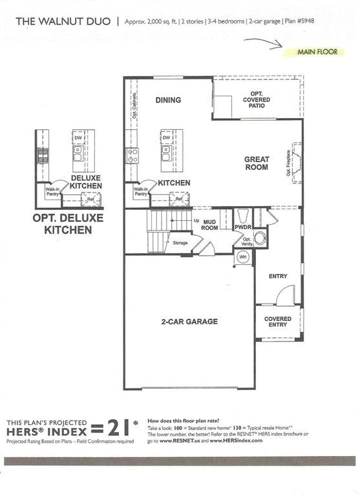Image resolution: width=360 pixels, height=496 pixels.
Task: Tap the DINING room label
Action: pos(168,100)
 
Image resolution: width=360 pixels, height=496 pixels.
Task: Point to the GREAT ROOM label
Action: pos(256,163)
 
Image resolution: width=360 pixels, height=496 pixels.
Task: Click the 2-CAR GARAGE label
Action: pos(189,321)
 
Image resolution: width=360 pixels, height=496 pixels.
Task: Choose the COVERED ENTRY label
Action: pos(278,322)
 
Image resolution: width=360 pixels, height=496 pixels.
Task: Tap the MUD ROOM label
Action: pos(209,224)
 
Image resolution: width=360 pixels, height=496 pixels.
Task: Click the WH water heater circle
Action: pos(244,257)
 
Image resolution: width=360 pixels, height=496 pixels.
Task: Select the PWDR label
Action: pos(242,227)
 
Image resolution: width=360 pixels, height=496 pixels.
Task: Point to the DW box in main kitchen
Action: pos(166,138)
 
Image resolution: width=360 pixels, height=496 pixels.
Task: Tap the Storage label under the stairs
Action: pos(180,243)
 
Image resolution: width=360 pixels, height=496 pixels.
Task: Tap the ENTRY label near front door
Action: pos(278,276)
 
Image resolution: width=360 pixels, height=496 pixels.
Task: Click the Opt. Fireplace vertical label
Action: pos(288,164)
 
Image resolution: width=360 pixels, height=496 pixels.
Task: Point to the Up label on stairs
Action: pos(195,220)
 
